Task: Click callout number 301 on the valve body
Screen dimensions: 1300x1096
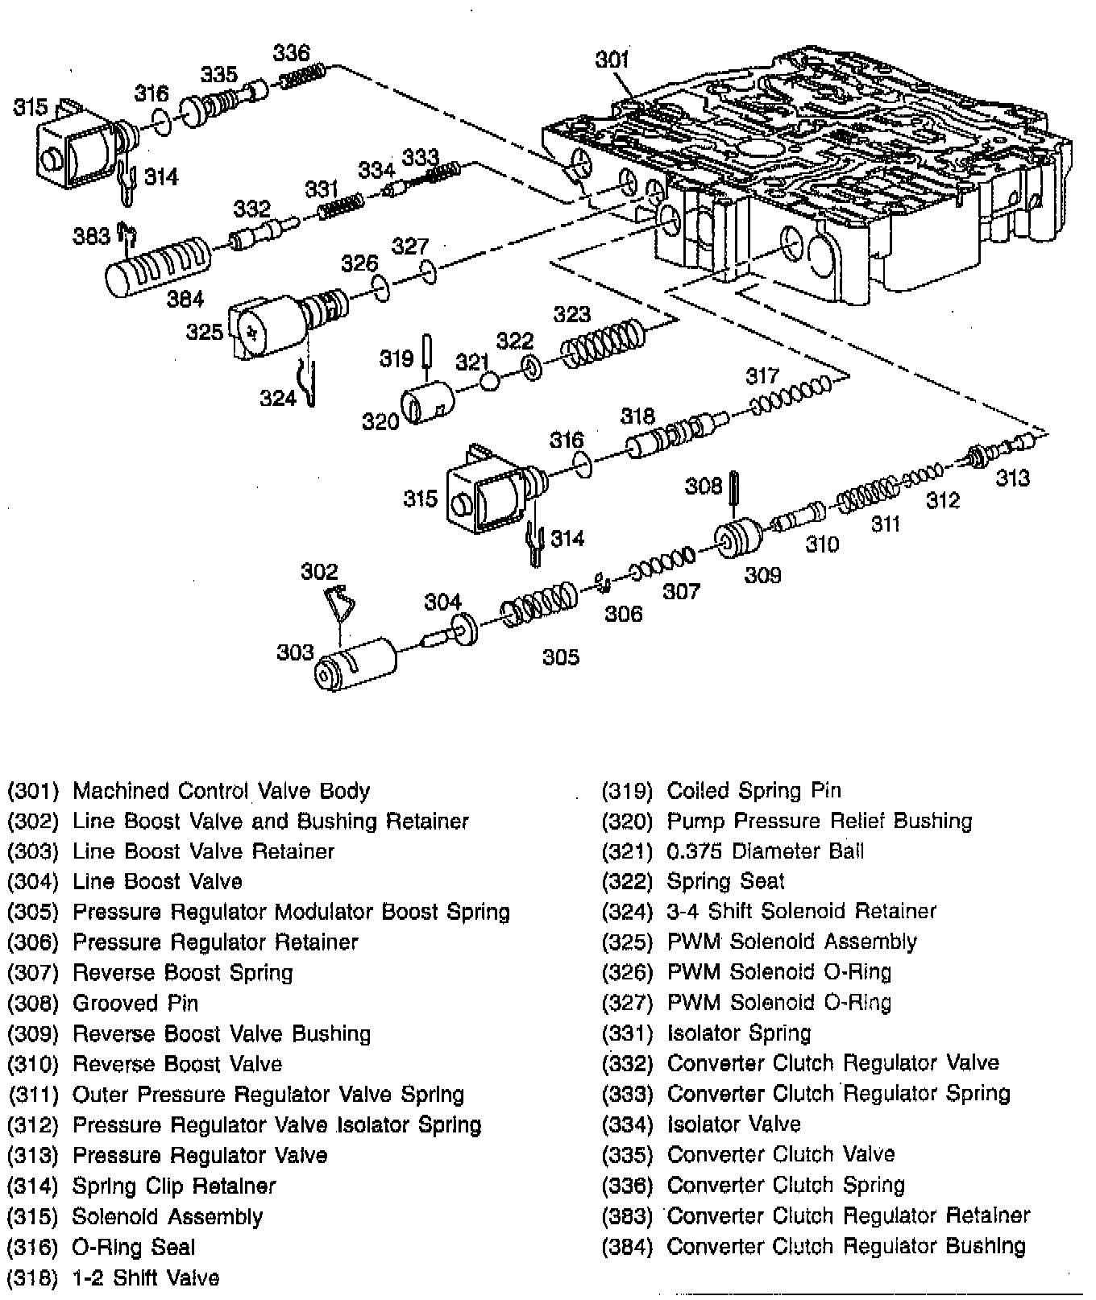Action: pos(612,60)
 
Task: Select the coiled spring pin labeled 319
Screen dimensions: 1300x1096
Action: pos(429,352)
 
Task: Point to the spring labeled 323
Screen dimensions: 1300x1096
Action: pos(604,344)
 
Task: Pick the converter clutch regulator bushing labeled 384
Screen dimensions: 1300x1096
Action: pos(158,265)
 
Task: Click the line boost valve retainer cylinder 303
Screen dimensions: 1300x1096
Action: pos(355,665)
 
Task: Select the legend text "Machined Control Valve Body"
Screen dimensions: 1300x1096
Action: pos(221,790)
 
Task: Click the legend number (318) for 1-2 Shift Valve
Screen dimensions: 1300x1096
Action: pos(33,1277)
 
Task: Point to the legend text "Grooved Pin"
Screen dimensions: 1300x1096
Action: pos(135,1003)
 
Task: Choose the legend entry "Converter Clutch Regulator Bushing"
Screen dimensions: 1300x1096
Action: pos(846,1246)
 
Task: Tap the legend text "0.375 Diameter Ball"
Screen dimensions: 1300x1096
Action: pos(765,851)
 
